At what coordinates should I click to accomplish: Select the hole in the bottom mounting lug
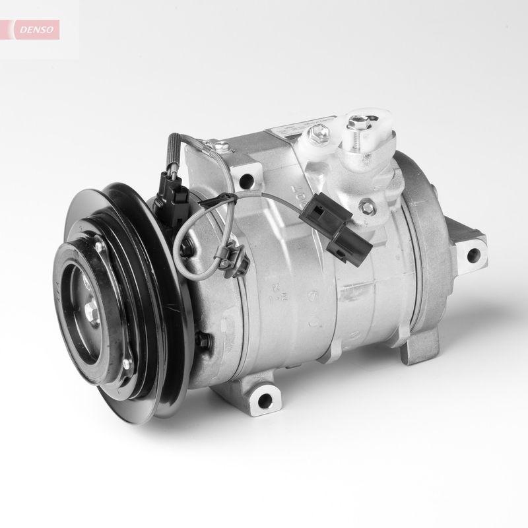pyautogui.click(x=265, y=398)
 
